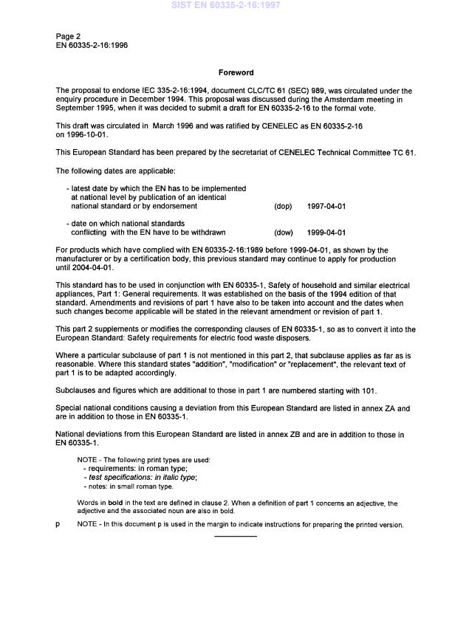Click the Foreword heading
tap(236, 73)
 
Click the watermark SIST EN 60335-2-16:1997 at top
tap(226, 5)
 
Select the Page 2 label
tap(69, 36)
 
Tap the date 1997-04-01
tap(326, 207)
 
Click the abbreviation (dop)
tap(283, 207)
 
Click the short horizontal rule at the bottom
tap(236, 536)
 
